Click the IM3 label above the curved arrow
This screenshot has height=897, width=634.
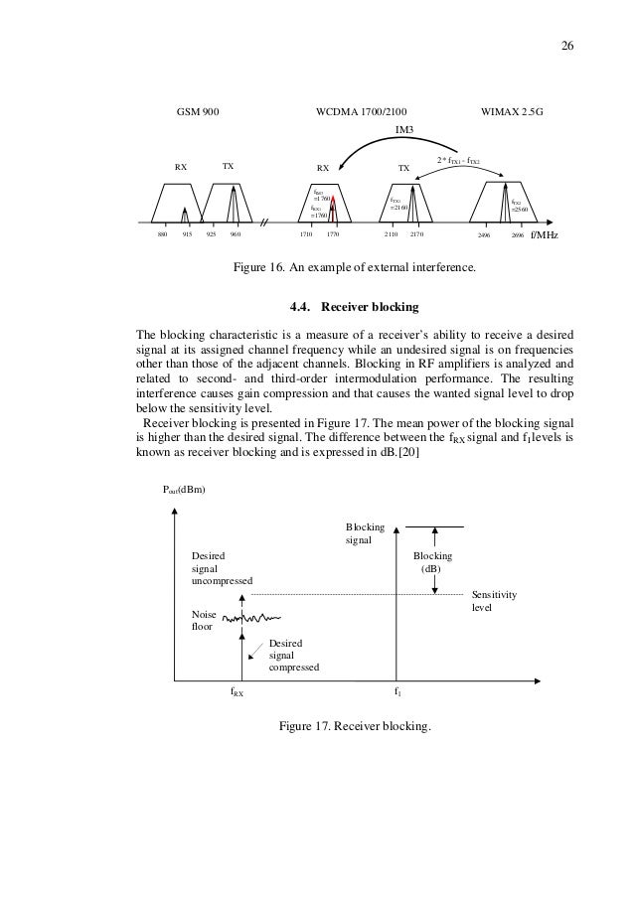[404, 129]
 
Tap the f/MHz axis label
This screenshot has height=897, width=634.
[545, 236]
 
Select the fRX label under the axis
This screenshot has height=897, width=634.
[238, 693]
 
